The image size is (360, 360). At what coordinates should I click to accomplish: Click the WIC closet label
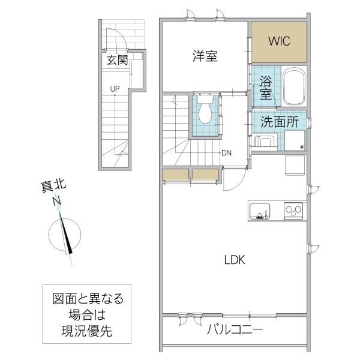pyautogui.click(x=279, y=42)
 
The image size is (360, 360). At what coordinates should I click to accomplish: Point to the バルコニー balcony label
pyautogui.click(x=235, y=329)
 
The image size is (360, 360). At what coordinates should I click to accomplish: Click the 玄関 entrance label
pyautogui.click(x=118, y=60)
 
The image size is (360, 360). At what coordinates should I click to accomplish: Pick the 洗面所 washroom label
pyautogui.click(x=279, y=122)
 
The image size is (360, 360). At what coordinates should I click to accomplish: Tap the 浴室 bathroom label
pyautogui.click(x=266, y=88)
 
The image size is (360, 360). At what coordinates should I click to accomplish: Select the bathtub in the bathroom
pyautogui.click(x=295, y=86)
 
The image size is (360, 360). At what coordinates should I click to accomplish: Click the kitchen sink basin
pyautogui.click(x=259, y=212)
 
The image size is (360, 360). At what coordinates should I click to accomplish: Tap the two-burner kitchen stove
pyautogui.click(x=294, y=211)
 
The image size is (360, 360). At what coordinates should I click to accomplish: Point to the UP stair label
pyautogui.click(x=115, y=89)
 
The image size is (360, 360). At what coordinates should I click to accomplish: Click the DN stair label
pyautogui.click(x=226, y=152)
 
